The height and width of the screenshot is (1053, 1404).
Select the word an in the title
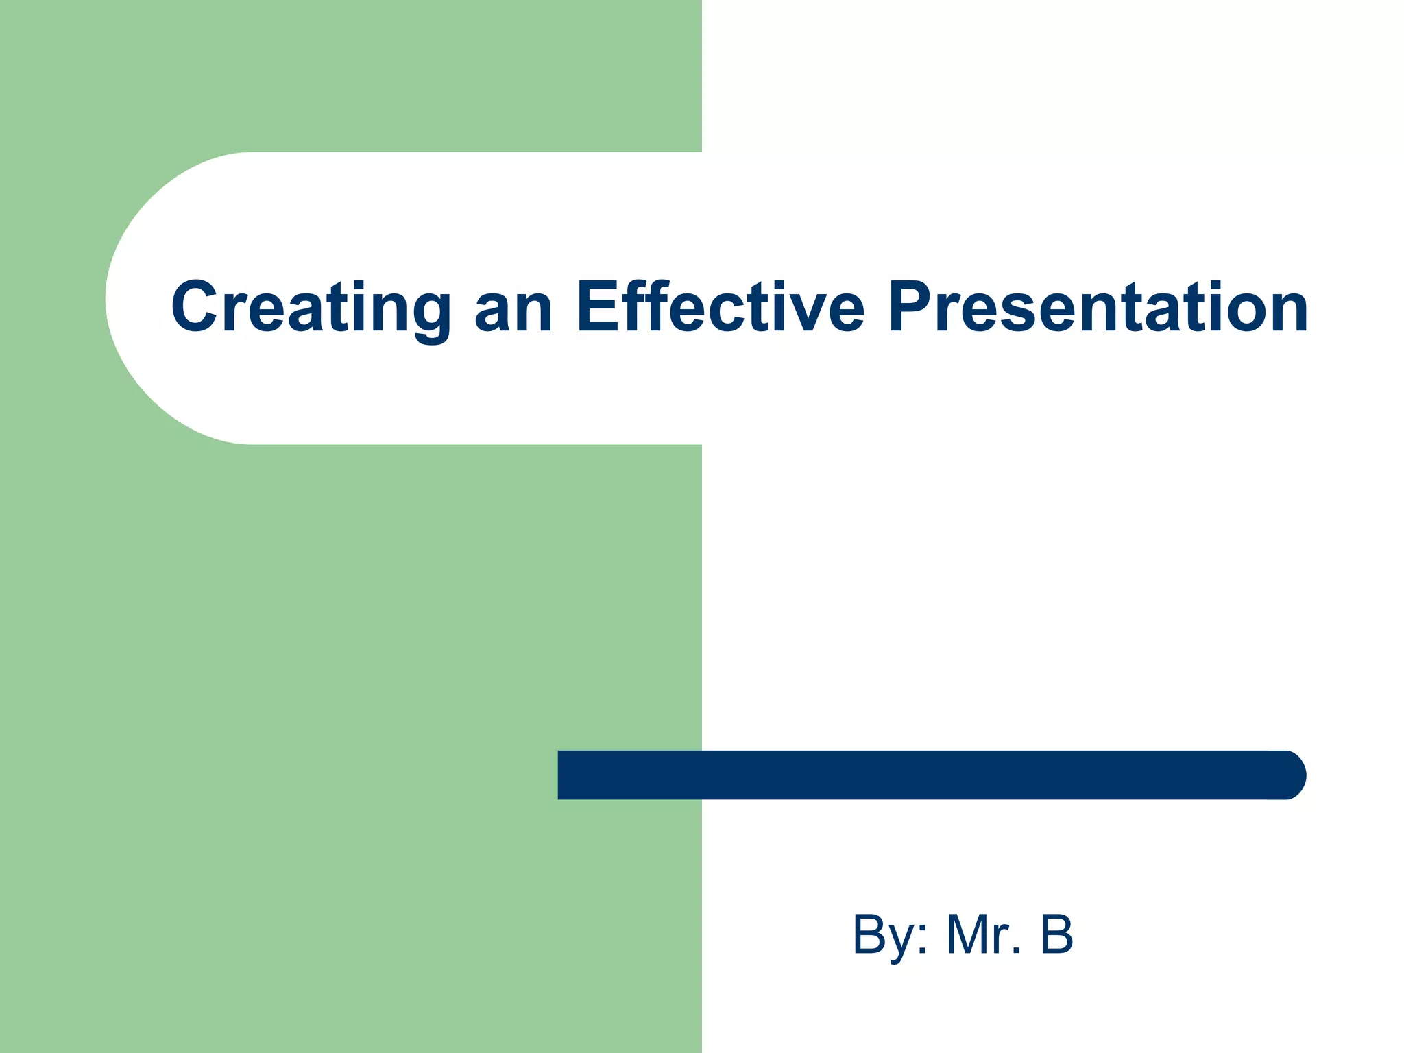click(513, 310)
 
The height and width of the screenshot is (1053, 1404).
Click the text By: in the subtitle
click(891, 935)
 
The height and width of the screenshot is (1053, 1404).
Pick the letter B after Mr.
click(1056, 934)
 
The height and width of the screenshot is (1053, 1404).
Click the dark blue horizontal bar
click(925, 775)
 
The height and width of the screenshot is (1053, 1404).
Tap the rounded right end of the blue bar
click(1289, 775)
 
